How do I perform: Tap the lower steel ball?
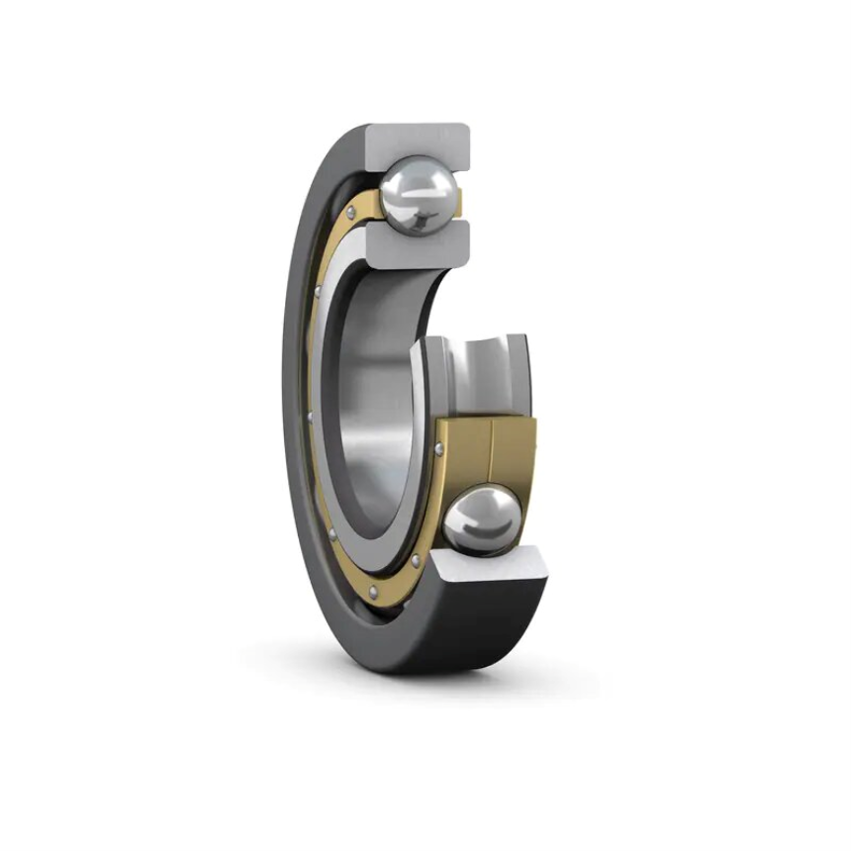(x=481, y=519)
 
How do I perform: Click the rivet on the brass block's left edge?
(x=438, y=450)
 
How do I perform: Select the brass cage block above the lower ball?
(x=485, y=450)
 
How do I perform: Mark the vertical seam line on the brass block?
(x=492, y=450)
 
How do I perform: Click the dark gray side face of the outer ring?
(x=297, y=396)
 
